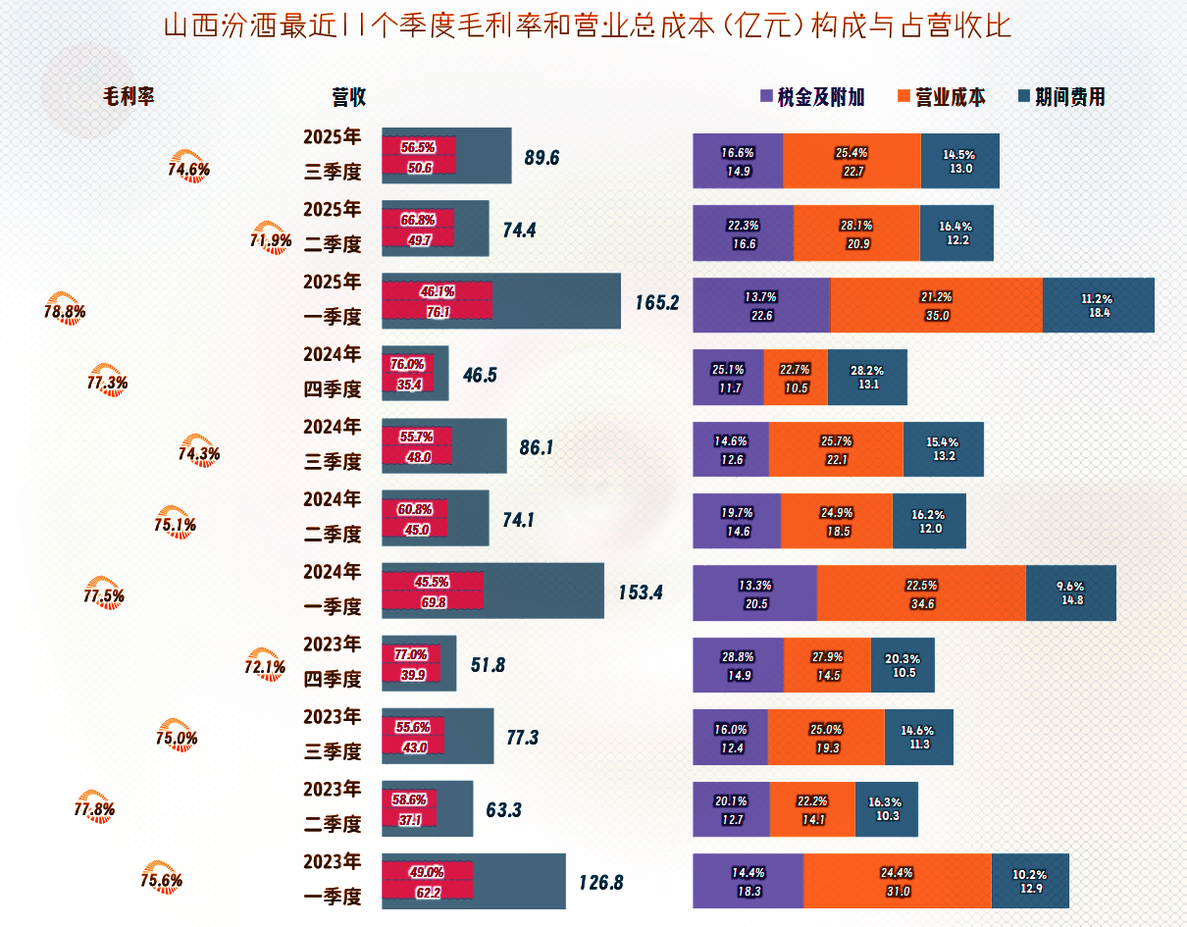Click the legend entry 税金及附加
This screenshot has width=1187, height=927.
(812, 97)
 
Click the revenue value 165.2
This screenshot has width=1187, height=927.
(656, 302)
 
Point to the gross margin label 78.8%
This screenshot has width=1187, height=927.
(65, 312)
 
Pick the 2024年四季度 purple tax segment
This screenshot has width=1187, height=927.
(727, 377)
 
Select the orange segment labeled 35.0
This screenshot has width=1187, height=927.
(936, 305)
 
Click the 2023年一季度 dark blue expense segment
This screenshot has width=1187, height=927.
(1029, 881)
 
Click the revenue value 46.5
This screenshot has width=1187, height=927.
(479, 375)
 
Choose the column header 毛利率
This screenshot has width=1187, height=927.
(129, 96)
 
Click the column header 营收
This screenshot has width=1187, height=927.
(348, 96)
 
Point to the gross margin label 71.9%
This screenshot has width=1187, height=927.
(271, 240)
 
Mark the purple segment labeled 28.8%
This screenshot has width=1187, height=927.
(738, 665)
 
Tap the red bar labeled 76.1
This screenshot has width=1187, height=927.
(437, 301)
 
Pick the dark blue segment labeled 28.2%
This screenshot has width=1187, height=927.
(867, 377)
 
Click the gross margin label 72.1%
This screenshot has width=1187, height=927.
(264, 667)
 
